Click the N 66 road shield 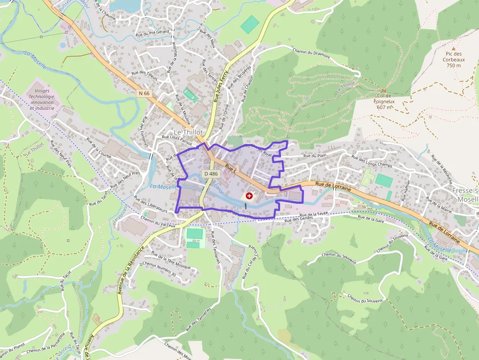point(144,93)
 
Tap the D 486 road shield point(211,173)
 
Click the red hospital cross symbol point(249,196)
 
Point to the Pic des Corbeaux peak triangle point(453,48)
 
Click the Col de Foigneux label point(384,101)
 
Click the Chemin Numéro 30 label point(159,269)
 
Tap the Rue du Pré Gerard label point(152,32)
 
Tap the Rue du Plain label point(314,156)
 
